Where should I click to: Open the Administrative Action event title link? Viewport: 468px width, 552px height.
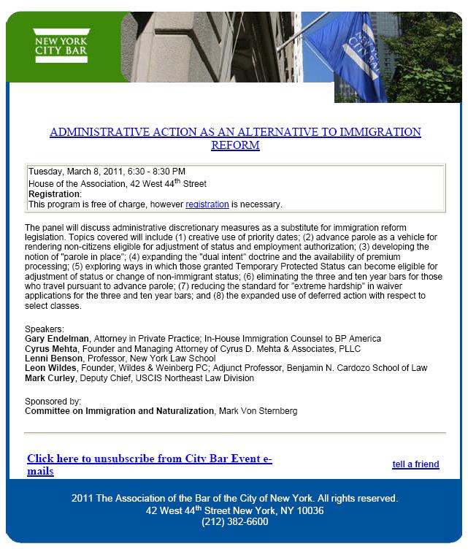[235, 138]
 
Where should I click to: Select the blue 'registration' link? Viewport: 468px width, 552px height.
[207, 204]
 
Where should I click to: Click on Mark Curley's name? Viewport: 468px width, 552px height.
[50, 378]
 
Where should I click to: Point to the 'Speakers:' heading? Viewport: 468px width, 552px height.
[45, 329]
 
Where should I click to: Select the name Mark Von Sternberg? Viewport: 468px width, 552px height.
[258, 411]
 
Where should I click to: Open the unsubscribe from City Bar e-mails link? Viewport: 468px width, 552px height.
[149, 465]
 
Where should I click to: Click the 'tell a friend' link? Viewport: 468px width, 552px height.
[415, 464]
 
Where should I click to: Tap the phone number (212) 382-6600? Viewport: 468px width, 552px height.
[235, 522]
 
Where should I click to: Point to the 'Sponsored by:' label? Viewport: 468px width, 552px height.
[53, 402]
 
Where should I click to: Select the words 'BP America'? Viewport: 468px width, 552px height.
[354, 339]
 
